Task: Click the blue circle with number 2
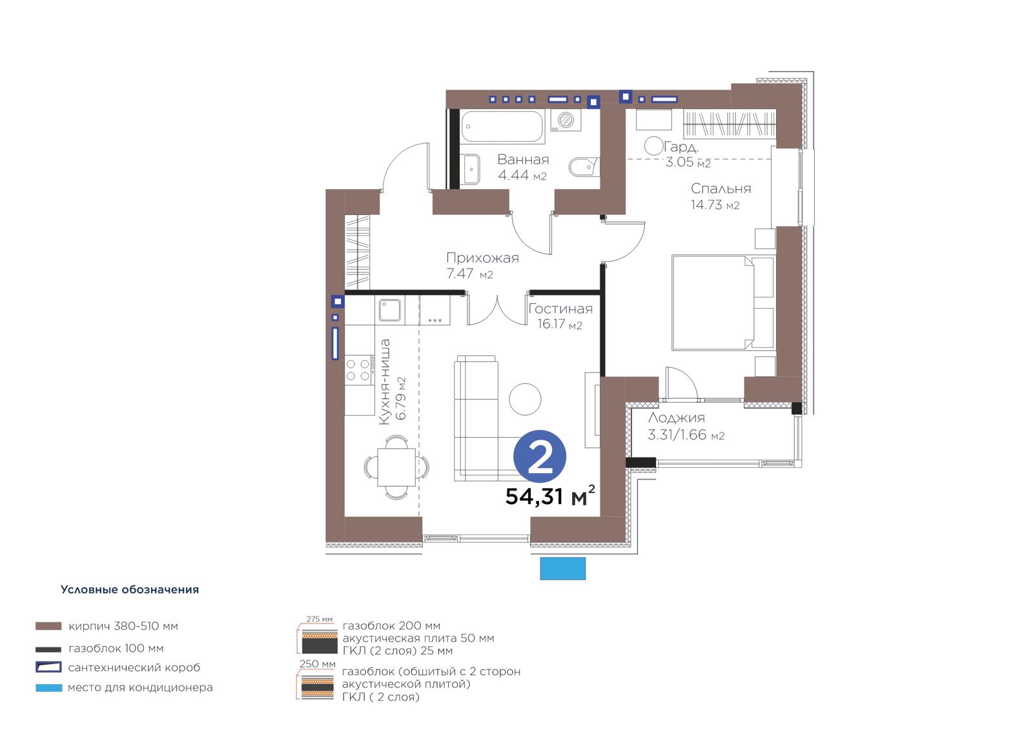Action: point(540,456)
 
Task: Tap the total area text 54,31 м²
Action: point(550,496)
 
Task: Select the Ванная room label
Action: point(523,159)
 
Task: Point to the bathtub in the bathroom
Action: point(502,126)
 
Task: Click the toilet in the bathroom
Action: point(584,167)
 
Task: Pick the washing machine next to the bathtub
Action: point(566,120)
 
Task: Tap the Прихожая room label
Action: point(482,258)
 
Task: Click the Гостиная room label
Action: point(560,309)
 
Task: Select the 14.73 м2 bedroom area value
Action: point(715,205)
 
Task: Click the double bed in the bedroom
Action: point(722,303)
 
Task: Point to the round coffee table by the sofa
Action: point(525,400)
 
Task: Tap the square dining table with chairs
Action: point(396,467)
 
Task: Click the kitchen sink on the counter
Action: point(390,309)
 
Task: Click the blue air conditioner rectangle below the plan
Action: point(562,568)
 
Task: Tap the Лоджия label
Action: point(676,418)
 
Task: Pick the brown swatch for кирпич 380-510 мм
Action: point(48,626)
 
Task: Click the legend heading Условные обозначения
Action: point(130,589)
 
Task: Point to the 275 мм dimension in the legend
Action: point(319,619)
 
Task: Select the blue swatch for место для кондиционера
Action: point(48,687)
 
